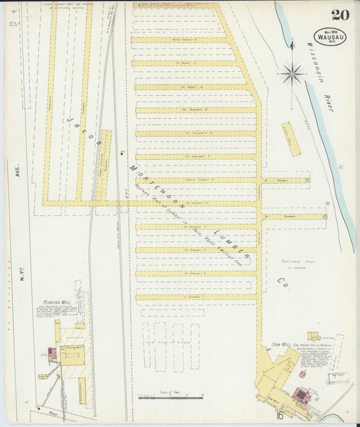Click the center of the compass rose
click(292, 72)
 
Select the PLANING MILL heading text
click(57, 302)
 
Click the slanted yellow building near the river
click(290, 139)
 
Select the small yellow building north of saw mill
click(313, 336)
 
